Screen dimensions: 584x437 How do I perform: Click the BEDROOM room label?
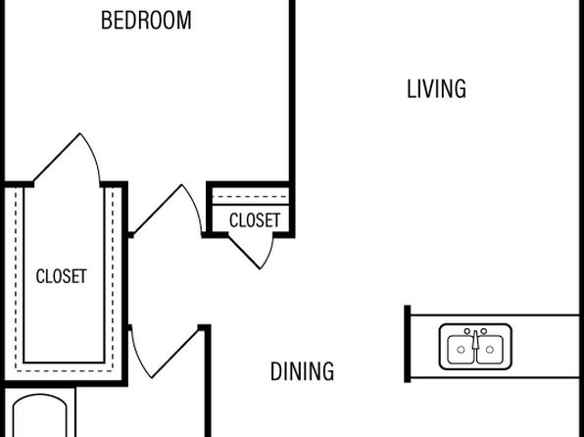pos(146,21)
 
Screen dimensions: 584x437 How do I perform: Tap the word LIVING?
pos(436,89)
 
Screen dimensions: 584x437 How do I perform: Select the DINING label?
pos(302,371)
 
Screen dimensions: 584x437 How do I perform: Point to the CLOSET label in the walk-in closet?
pos(62,276)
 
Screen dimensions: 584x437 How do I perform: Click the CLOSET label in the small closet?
pos(255,220)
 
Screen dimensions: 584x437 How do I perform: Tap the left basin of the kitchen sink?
pos(461,350)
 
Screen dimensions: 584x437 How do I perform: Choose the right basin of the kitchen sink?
pos(490,350)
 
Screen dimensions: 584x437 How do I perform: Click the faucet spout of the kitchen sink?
pos(475,340)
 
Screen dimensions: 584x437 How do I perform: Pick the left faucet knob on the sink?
pos(467,331)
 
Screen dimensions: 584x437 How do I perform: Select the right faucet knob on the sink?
pos(483,331)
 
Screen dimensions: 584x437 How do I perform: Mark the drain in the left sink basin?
pos(461,350)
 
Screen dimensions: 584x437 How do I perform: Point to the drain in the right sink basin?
pos(490,350)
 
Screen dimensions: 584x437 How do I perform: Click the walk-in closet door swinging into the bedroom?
pos(57,158)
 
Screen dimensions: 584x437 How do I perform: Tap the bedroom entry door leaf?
pos(158,210)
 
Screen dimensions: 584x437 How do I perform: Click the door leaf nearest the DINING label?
pos(175,353)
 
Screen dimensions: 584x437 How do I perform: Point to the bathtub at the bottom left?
pos(40,415)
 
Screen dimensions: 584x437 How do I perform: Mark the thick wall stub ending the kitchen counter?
pos(408,344)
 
